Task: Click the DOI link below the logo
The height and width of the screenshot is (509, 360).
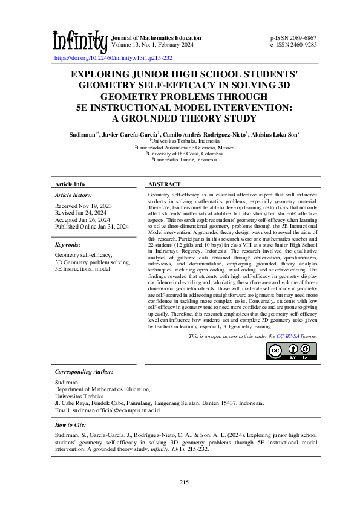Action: point(114,57)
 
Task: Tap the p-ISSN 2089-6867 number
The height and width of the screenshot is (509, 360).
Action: point(293,38)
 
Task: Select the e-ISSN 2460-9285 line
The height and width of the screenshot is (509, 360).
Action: point(293,45)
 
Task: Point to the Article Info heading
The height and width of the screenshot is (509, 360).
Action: point(70,184)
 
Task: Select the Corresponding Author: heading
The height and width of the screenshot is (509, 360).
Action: point(84,372)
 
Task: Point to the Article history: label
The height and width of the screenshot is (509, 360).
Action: point(73,195)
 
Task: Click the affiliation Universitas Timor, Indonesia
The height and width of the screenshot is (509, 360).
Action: point(181,160)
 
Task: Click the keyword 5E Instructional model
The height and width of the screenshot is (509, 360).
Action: point(83,268)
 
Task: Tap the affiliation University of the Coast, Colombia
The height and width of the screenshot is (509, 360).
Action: point(181,153)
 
